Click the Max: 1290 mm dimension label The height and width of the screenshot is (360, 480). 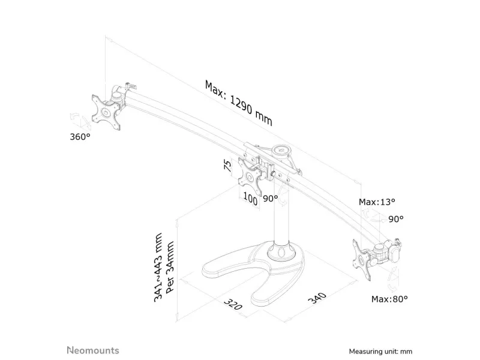click(238, 103)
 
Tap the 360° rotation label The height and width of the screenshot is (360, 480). click(80, 137)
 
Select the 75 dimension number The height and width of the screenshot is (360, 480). click(228, 166)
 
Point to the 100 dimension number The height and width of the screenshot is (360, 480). click(250, 199)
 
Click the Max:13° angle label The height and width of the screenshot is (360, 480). click(377, 202)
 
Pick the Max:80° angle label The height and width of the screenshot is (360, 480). click(389, 299)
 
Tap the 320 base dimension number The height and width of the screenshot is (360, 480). click(233, 304)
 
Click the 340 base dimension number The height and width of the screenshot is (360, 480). click(317, 298)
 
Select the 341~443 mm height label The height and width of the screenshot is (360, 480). click(158, 268)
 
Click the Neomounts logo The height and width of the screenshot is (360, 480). click(93, 350)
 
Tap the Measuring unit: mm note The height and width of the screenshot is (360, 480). click(380, 352)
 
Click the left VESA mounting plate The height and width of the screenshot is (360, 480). click(106, 112)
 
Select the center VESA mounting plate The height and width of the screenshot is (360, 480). click(250, 176)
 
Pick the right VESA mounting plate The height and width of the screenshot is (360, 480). click(362, 260)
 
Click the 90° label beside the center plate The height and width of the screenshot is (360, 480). click(271, 199)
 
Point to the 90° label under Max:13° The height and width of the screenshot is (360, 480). click(396, 219)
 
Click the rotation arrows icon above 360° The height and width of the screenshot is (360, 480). click(80, 121)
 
